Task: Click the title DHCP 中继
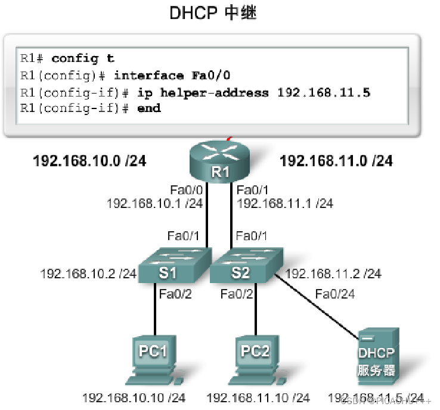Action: coord(213,14)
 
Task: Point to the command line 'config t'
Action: coord(83,58)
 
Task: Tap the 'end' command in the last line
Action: coord(149,108)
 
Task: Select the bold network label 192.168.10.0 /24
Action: coord(89,161)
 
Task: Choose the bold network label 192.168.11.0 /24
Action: coord(336,161)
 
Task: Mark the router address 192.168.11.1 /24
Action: coord(285,203)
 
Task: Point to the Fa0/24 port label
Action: coord(334,293)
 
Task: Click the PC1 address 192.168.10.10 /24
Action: coord(134,397)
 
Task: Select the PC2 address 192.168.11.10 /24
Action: coord(258,397)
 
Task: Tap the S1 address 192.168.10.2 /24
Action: coord(88,274)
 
